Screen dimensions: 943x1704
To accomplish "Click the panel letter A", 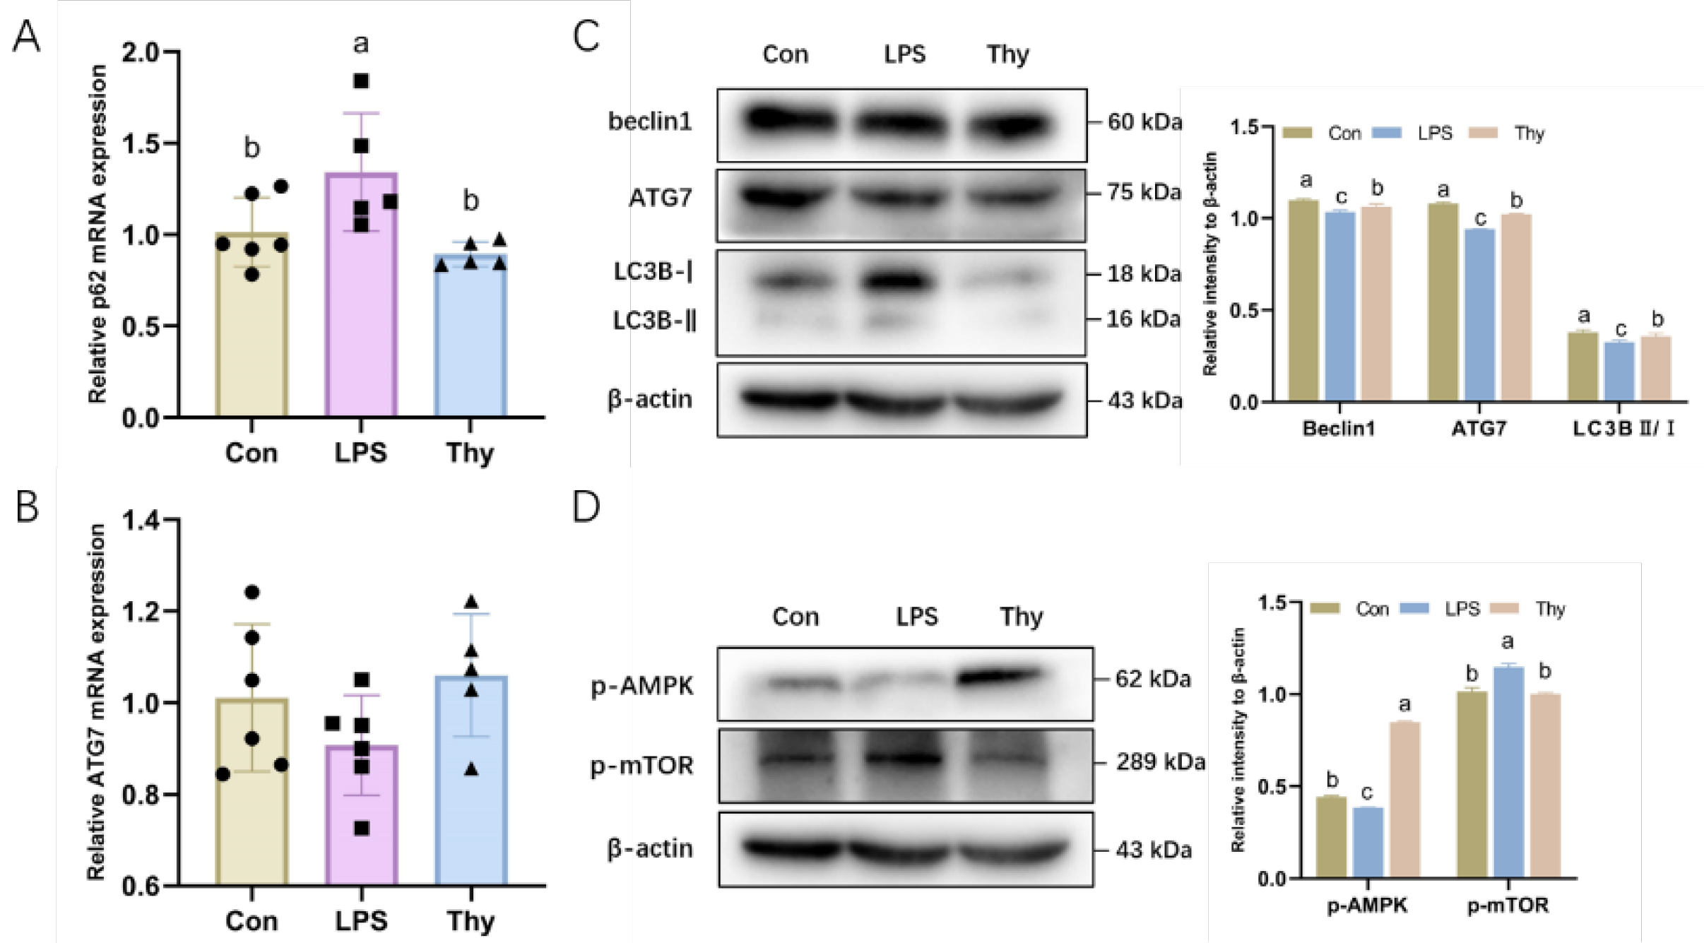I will click(x=26, y=36).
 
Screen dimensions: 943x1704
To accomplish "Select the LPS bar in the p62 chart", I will click(x=361, y=297).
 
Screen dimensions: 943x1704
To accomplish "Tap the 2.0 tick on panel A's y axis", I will click(x=141, y=52).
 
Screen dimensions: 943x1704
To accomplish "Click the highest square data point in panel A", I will click(x=361, y=81).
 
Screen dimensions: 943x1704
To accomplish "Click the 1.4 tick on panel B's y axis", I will click(x=141, y=521).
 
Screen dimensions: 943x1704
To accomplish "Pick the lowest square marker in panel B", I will click(x=362, y=828).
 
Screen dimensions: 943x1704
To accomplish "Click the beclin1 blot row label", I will click(x=650, y=121).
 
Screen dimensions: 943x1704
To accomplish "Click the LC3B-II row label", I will click(x=654, y=321).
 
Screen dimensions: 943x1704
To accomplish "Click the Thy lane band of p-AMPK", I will click(x=1000, y=677).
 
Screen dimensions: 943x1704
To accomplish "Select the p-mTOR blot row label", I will click(x=641, y=765).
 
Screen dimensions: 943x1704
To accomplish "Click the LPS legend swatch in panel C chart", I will click(x=1387, y=133).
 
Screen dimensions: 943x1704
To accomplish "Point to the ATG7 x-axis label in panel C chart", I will click(x=1479, y=428).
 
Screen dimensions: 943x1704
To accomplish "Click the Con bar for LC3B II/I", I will click(x=1582, y=366).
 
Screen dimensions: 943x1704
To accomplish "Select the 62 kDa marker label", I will click(x=1153, y=679).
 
